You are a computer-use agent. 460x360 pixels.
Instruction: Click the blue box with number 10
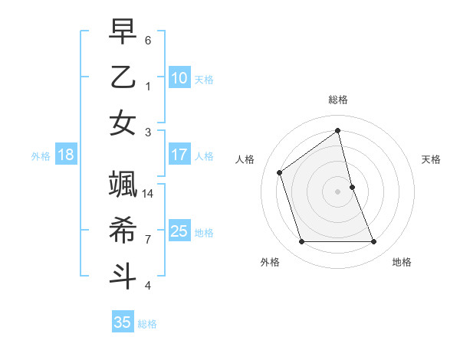coord(179,78)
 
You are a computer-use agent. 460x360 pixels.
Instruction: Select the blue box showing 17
coord(179,155)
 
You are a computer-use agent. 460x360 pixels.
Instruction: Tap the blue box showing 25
coord(179,231)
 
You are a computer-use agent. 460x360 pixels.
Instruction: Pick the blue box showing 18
coord(65,155)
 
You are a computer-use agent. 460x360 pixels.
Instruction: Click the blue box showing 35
coord(122,322)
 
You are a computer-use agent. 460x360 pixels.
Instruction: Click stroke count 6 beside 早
coord(148,39)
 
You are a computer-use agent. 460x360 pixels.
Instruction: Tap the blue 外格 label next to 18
coord(41,156)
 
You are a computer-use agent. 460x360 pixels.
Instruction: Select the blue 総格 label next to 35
coord(147,324)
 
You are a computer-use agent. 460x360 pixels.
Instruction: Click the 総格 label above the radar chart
coord(337,100)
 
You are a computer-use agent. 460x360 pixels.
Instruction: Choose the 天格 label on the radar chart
coord(431,159)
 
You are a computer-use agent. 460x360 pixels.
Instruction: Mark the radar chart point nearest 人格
coord(280,172)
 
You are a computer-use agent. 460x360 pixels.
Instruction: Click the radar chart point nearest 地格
coord(373,242)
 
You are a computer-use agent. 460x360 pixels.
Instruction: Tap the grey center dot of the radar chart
coord(337,191)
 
